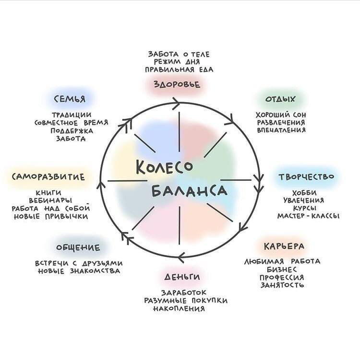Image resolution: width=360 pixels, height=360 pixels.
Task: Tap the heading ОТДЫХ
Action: click(x=281, y=99)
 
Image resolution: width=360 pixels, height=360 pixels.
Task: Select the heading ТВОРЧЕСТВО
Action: click(x=306, y=177)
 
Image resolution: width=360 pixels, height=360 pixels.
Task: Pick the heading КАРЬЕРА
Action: click(x=284, y=246)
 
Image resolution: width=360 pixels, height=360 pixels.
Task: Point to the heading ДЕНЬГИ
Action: click(x=182, y=277)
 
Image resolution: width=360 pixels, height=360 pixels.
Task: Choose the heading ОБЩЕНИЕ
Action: click(x=78, y=248)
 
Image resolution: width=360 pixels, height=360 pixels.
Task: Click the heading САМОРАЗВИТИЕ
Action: click(x=49, y=177)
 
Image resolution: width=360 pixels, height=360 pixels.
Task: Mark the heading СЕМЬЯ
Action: click(x=70, y=99)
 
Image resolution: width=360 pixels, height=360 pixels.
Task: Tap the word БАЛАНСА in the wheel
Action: click(x=189, y=191)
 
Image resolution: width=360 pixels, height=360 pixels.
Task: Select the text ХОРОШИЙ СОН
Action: click(x=281, y=115)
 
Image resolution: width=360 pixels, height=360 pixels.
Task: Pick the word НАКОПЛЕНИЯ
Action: click(x=179, y=309)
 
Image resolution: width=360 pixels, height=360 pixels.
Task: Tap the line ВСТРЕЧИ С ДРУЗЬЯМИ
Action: click(x=79, y=263)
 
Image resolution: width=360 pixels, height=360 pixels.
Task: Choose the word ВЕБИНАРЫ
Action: click(x=50, y=200)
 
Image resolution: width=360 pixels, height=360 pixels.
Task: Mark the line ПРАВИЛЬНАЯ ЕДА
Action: click(x=179, y=70)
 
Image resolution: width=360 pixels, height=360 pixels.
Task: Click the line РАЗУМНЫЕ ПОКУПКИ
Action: click(x=186, y=301)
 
